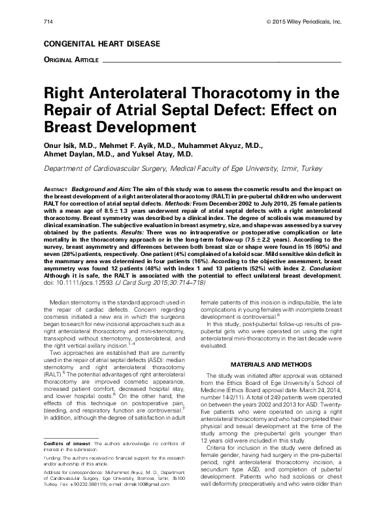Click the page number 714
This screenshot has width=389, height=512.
click(47, 22)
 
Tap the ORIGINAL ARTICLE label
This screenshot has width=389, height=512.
click(71, 60)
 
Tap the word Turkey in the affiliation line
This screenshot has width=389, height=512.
click(309, 168)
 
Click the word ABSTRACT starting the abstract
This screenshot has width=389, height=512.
click(55, 187)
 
